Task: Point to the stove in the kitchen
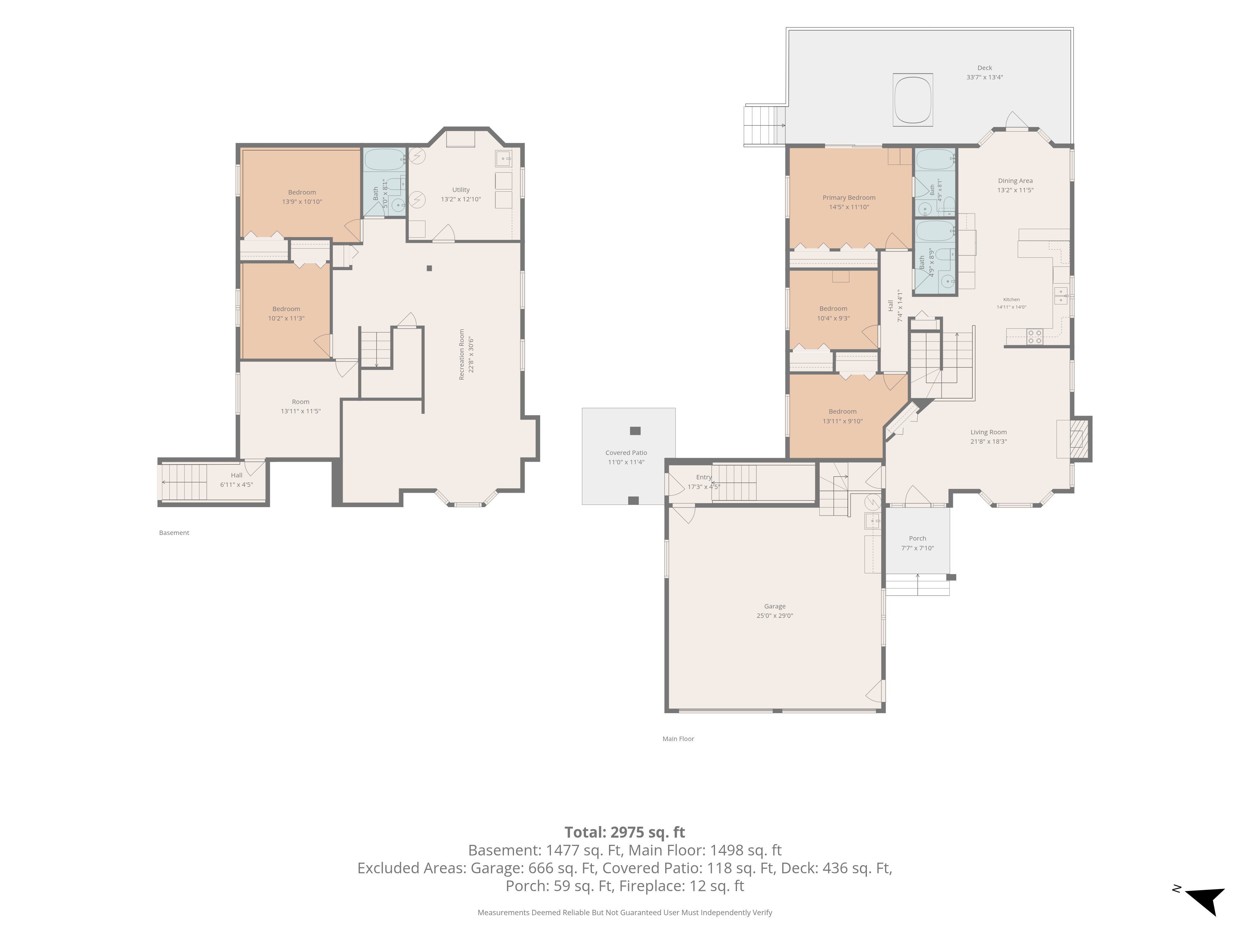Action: (x=1035, y=337)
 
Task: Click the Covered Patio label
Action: (x=626, y=453)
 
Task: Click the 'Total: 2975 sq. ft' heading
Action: (x=624, y=832)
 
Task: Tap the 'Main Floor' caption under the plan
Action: (x=678, y=739)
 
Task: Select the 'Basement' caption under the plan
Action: (x=174, y=532)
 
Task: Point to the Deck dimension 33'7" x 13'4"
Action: (x=984, y=78)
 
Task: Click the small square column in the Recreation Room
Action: (x=429, y=269)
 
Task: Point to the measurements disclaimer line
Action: (x=624, y=913)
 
